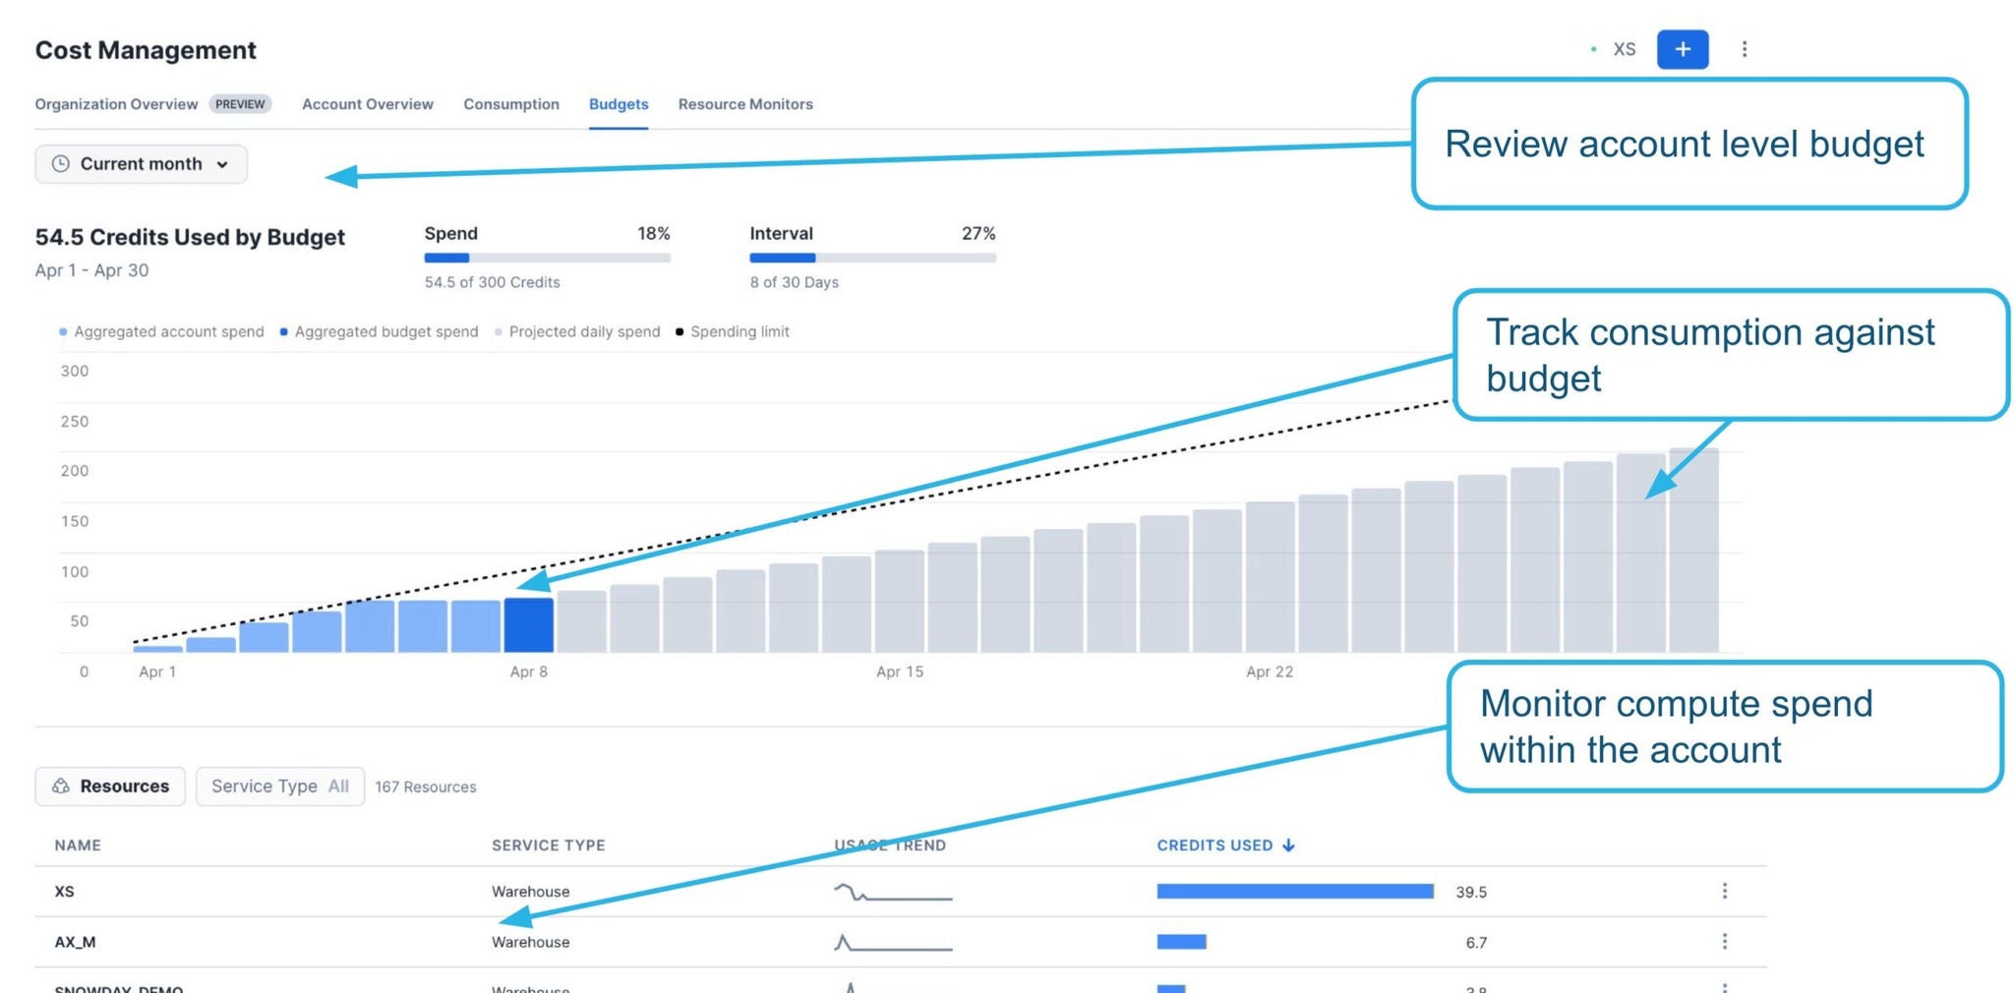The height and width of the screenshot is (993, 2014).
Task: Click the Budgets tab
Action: point(618,104)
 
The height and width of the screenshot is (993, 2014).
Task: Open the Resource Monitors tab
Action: point(744,104)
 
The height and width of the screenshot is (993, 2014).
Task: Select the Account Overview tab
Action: point(367,104)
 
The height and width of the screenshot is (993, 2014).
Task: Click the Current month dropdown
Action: point(142,164)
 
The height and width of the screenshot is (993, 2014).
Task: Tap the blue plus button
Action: point(1682,49)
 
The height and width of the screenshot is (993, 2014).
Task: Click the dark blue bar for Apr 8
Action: point(528,625)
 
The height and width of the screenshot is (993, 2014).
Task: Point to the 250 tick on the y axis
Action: point(75,422)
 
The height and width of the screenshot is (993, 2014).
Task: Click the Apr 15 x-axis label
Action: point(899,672)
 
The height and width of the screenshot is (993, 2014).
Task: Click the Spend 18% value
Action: point(653,234)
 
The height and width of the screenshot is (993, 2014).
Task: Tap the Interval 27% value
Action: point(977,234)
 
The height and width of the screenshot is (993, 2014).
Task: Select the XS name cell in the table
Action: point(65,892)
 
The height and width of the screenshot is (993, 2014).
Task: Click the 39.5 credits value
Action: point(1470,893)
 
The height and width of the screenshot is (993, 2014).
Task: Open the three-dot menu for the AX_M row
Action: point(1724,942)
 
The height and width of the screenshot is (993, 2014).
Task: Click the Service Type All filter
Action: point(280,787)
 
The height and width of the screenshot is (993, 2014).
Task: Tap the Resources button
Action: point(110,787)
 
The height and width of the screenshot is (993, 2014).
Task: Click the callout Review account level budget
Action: point(1688,145)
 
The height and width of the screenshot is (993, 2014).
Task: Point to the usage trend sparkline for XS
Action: point(892,893)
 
